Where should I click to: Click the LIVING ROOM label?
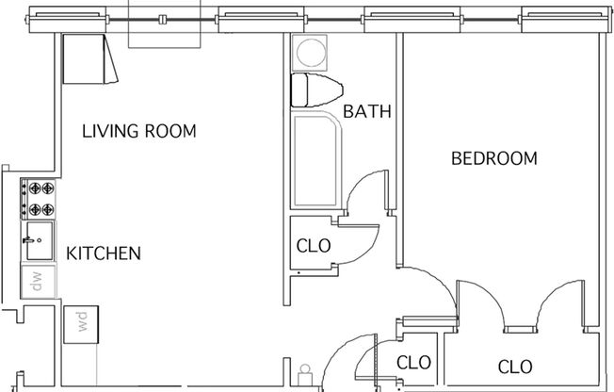tap(138, 131)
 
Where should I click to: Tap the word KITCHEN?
tap(104, 253)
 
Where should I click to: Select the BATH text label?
tap(366, 112)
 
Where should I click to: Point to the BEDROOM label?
tap(493, 158)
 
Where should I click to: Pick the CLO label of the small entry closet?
tap(413, 362)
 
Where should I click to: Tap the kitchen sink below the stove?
tap(39, 243)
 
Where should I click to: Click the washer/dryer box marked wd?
tap(81, 323)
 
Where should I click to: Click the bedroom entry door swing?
tap(424, 283)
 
